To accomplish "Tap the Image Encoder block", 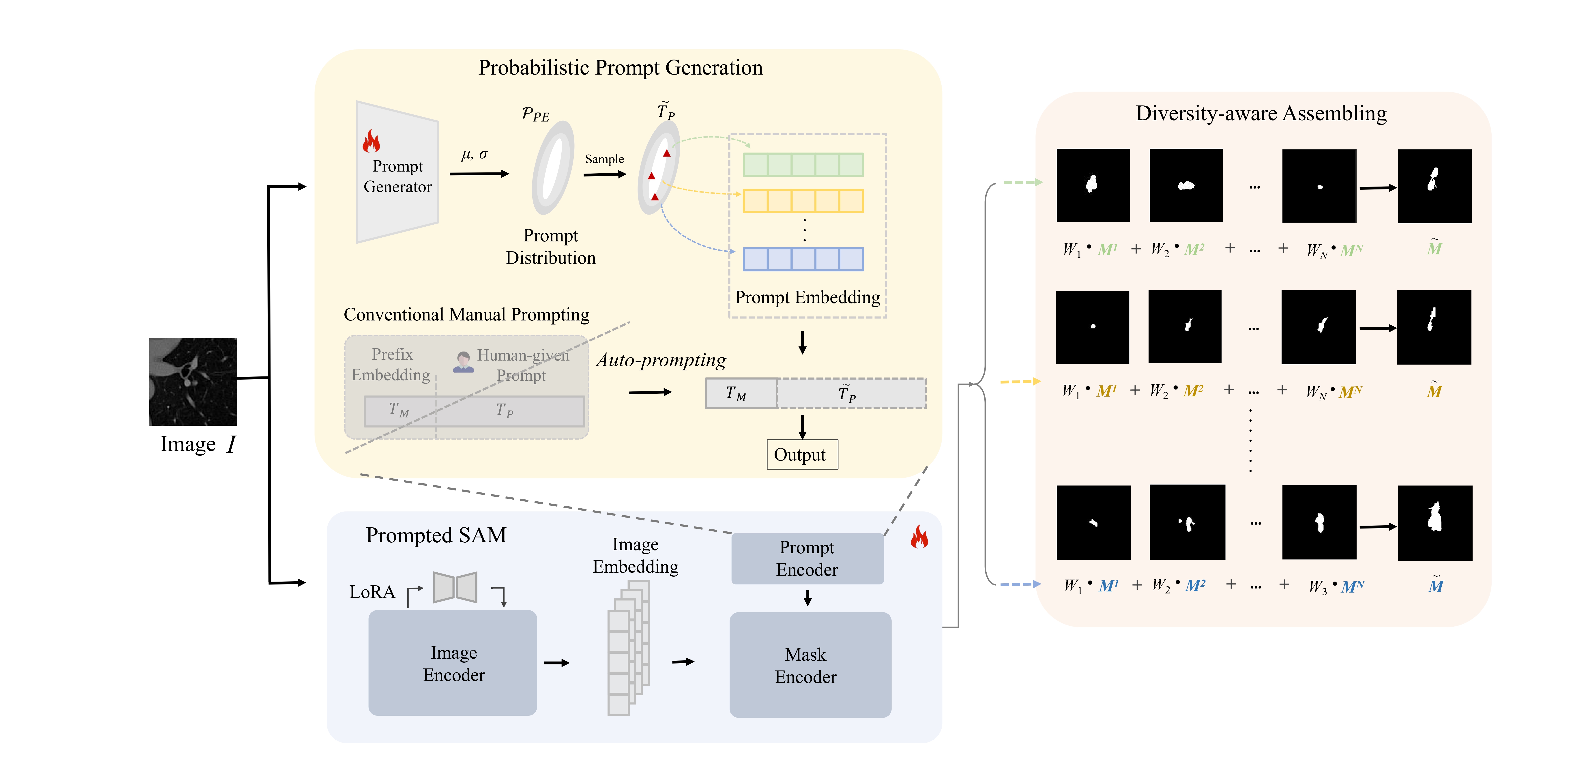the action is coord(453,663).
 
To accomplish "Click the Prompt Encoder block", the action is coord(807,558).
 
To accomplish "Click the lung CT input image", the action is coord(193,381).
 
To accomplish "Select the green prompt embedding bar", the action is coord(803,165).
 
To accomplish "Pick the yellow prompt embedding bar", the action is coord(803,201).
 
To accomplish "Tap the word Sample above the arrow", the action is coord(604,159).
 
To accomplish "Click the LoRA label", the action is coord(372,592).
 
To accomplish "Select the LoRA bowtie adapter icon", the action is coord(455,587).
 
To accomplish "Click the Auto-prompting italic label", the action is coord(661,360).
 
